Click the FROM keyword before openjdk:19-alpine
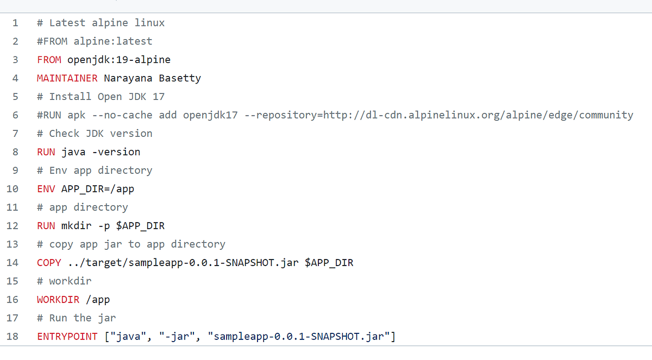point(49,60)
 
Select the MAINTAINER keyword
point(67,78)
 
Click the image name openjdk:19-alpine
point(119,60)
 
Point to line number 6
point(15,115)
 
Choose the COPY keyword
point(49,263)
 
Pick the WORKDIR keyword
point(58,300)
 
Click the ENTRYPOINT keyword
point(67,337)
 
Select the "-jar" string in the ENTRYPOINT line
point(177,337)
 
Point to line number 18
point(12,337)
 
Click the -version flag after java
point(116,152)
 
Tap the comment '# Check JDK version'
point(95,134)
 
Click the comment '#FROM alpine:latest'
point(95,41)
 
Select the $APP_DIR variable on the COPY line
point(329,263)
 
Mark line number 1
point(15,23)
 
